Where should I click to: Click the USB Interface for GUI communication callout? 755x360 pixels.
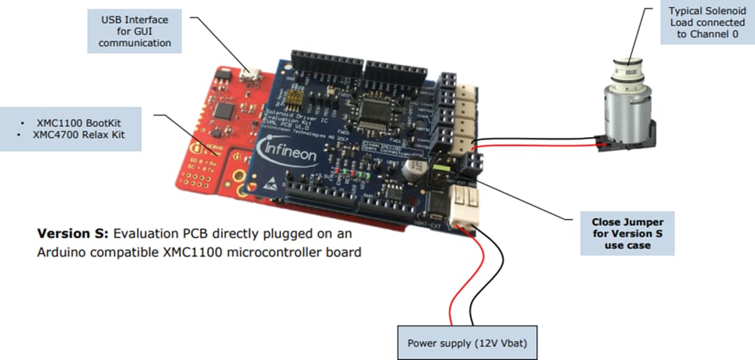pos(135,31)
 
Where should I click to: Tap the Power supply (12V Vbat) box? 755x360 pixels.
pos(467,343)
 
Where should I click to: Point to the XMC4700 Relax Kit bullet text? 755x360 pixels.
pos(79,134)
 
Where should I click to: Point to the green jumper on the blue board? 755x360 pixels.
pos(440,168)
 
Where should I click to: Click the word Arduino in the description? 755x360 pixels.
pos(59,252)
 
